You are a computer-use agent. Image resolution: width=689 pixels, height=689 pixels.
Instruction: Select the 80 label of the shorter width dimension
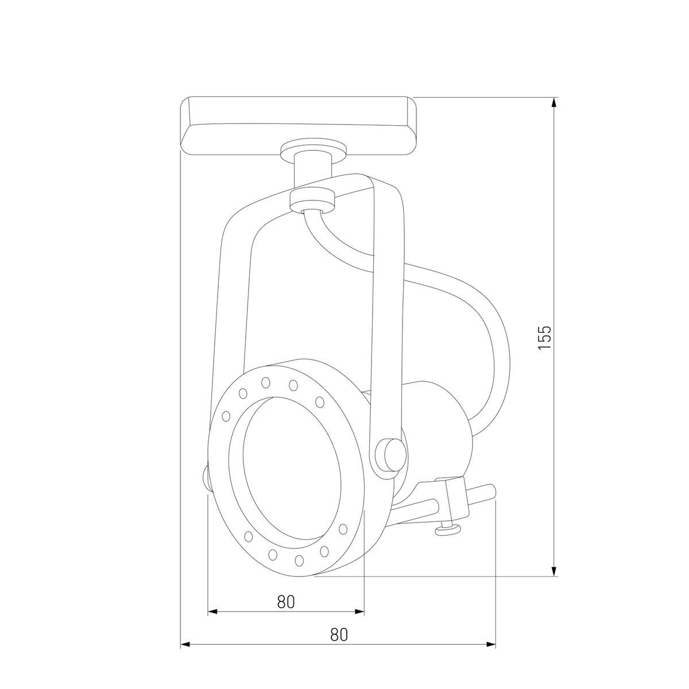285,601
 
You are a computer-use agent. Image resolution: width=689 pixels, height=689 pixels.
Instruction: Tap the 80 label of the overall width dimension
339,634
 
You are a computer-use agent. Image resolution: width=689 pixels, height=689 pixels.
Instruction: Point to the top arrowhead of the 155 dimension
553,103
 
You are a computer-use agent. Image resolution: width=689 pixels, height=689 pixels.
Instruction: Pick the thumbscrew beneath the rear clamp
448,529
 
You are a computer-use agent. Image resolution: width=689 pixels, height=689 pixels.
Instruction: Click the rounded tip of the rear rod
492,491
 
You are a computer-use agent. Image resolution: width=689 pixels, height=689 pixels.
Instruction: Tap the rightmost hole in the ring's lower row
343,529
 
